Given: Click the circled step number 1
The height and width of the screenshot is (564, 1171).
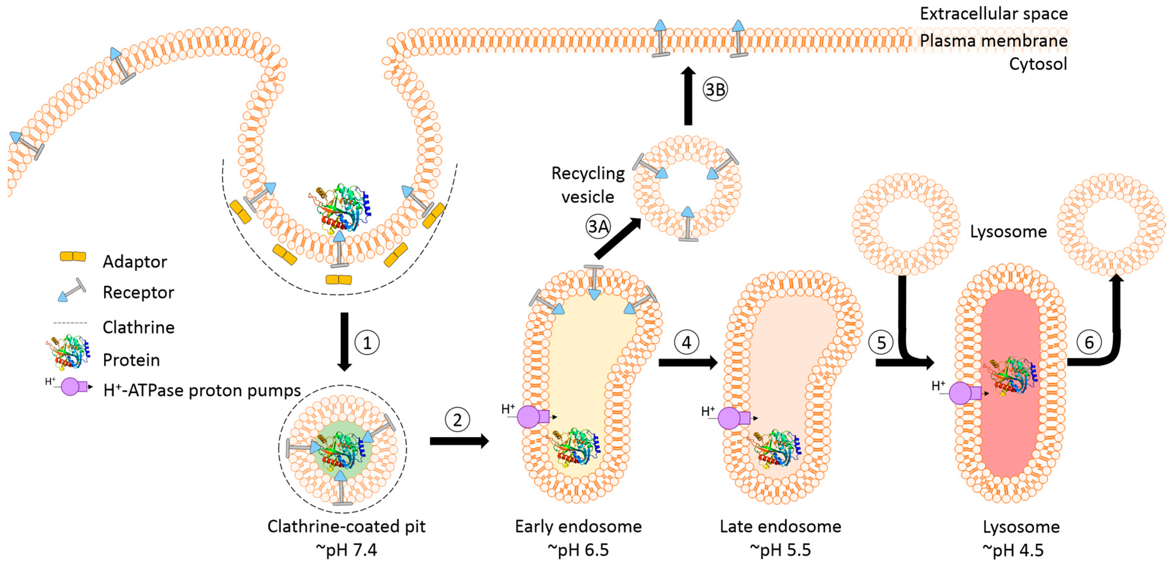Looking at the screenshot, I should [367, 342].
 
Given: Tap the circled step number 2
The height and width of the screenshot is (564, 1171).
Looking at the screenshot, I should [457, 420].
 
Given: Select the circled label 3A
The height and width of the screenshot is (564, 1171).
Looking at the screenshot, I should [598, 226].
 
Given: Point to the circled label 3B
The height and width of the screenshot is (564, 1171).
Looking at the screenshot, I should [715, 90].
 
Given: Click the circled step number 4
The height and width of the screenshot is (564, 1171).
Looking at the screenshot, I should [686, 342].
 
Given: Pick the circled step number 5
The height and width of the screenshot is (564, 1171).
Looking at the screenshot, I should [881, 342].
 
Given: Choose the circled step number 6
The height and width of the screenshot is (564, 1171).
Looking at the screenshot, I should [1089, 342].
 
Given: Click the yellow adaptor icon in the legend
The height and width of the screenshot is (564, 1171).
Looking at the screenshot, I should [73, 257].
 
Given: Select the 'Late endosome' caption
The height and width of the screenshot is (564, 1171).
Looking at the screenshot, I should [780, 526].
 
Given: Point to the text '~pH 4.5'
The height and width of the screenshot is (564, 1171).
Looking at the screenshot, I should [1013, 550].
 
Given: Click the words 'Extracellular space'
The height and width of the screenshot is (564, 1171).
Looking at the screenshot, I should [993, 14].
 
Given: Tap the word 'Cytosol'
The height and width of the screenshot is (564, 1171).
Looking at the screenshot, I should [1038, 64].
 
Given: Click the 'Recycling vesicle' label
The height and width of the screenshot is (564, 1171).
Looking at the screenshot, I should [588, 185].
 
